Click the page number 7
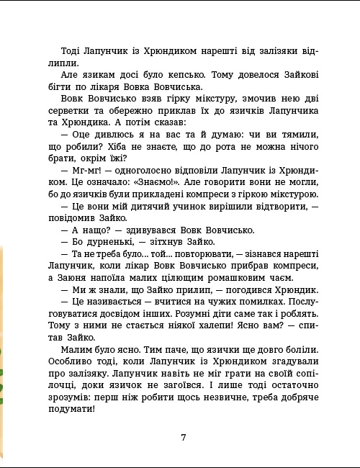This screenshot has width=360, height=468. tap(184, 437)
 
